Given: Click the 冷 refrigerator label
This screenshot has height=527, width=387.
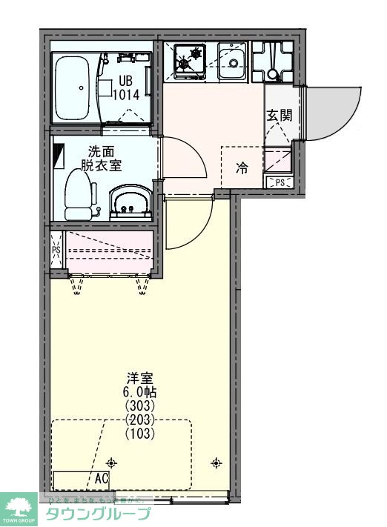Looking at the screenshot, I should pyautogui.click(x=242, y=168).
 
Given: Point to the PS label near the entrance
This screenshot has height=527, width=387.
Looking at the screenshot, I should pyautogui.click(x=279, y=182).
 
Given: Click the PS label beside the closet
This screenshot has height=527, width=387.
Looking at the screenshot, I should pyautogui.click(x=56, y=250).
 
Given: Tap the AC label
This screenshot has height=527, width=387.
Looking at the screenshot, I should pyautogui.click(x=102, y=478).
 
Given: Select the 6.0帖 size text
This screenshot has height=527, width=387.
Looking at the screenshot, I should pyautogui.click(x=139, y=392).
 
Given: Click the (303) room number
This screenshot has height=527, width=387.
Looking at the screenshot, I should pyautogui.click(x=139, y=406).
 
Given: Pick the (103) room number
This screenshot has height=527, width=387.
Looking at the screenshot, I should pyautogui.click(x=139, y=434).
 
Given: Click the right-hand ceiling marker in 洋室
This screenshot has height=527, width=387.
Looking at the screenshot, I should pyautogui.click(x=216, y=463).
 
